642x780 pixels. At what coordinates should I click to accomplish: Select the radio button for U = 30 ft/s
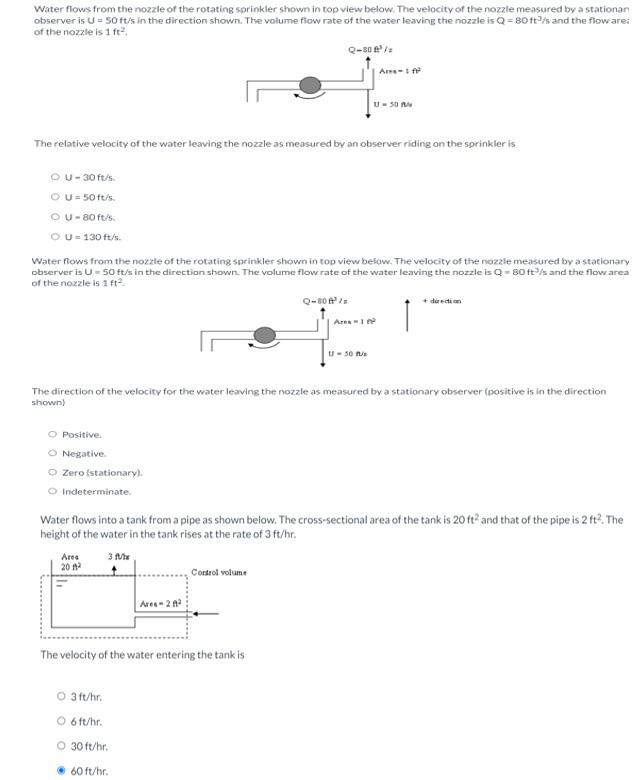point(55,178)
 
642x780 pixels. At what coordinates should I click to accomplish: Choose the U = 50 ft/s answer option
point(55,198)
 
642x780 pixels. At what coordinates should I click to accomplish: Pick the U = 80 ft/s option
point(55,217)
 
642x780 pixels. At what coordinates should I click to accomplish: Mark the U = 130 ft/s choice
point(55,237)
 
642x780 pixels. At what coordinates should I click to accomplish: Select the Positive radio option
point(52,434)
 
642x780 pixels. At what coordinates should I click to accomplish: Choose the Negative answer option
point(52,453)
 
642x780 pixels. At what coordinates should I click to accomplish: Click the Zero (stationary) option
point(52,472)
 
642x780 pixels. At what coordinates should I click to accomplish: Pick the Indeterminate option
point(52,491)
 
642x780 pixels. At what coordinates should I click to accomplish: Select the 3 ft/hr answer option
point(61,697)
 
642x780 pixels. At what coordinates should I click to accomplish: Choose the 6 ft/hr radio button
point(61,721)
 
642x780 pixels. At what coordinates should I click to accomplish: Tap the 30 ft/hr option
point(61,746)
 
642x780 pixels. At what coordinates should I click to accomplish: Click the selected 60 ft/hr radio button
point(61,771)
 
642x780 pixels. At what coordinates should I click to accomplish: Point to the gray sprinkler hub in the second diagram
point(264,335)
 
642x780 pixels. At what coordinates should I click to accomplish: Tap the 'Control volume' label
point(218,573)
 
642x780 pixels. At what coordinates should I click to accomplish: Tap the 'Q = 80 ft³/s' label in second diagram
point(324,300)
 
